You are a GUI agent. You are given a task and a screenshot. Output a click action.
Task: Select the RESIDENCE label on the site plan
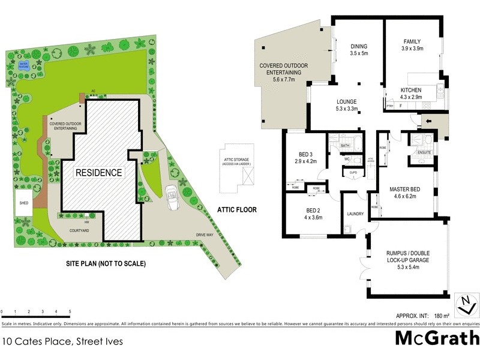[x=98, y=173]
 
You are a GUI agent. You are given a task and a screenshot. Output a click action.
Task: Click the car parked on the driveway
[x=172, y=197]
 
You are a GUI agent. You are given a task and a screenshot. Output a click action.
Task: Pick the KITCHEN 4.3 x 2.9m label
[x=413, y=93]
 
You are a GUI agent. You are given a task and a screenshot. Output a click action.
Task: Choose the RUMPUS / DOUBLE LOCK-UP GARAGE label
[x=407, y=260]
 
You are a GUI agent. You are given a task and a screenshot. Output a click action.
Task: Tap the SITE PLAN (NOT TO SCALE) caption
[x=106, y=263]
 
